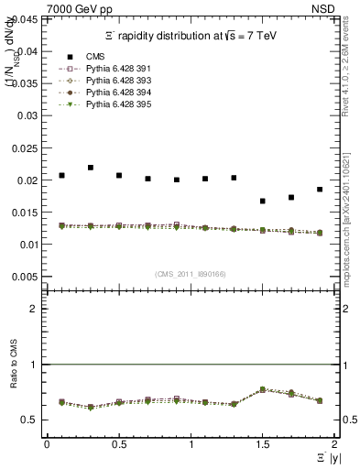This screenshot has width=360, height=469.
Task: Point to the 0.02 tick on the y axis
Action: click(27, 180)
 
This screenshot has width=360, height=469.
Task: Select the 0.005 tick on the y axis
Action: click(25, 277)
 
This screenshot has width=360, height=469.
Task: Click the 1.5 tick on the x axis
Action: click(262, 444)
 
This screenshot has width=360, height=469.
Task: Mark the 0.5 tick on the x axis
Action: click(118, 444)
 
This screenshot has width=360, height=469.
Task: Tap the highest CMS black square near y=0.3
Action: click(90, 168)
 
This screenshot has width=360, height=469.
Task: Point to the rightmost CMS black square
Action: click(320, 190)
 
